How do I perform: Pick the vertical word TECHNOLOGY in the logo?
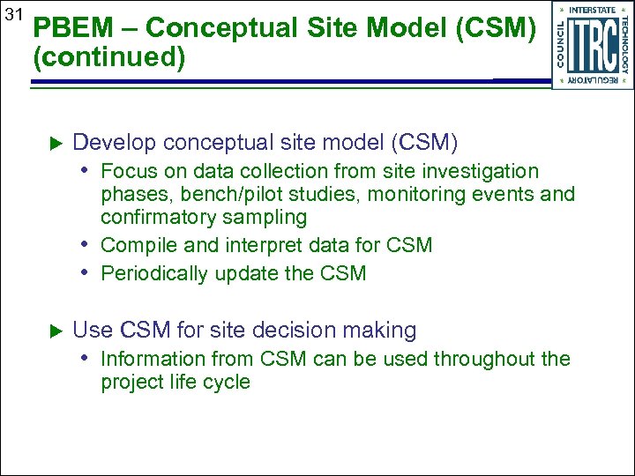pyautogui.click(x=624, y=44)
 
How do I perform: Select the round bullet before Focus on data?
pyautogui.click(x=88, y=171)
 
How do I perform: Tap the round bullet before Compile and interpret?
pyautogui.click(x=88, y=245)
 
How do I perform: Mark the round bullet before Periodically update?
pyautogui.click(x=88, y=273)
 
